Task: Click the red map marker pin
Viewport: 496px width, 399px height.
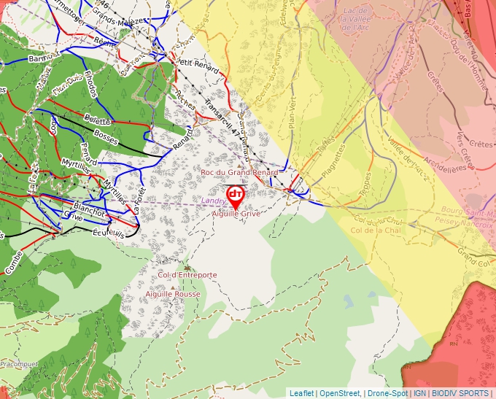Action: [235, 196]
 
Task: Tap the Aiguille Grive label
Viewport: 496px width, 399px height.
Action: [236, 214]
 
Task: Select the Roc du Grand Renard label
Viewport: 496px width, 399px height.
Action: [240, 172]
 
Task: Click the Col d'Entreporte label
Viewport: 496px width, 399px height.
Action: [187, 275]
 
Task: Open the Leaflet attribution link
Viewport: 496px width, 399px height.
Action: [301, 393]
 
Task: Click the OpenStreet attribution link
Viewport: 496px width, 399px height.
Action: [341, 393]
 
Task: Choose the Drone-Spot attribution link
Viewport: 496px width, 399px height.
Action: [387, 393]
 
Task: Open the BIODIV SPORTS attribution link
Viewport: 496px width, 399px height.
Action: [460, 393]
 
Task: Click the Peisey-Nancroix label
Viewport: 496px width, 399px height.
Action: [465, 225]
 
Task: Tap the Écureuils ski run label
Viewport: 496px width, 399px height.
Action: [109, 231]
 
